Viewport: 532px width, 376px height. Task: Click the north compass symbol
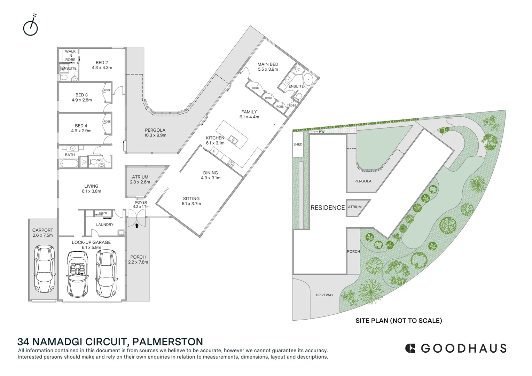(30, 27)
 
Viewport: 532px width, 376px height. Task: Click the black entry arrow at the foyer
(137, 226)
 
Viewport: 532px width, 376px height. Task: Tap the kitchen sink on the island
(233, 141)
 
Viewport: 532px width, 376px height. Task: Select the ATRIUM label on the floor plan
(140, 177)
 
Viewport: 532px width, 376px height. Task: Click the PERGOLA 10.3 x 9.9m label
(155, 133)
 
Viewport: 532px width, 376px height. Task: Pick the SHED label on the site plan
(298, 144)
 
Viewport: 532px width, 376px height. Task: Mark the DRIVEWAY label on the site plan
(324, 295)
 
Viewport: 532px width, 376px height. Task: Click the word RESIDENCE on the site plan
(327, 207)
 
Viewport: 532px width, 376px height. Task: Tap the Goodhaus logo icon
(410, 348)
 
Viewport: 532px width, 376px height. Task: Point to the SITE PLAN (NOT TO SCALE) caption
(399, 320)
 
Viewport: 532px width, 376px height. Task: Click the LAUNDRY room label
(104, 225)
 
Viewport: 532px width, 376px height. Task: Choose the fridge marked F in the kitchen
(214, 151)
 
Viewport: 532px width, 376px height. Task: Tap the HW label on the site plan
(322, 132)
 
